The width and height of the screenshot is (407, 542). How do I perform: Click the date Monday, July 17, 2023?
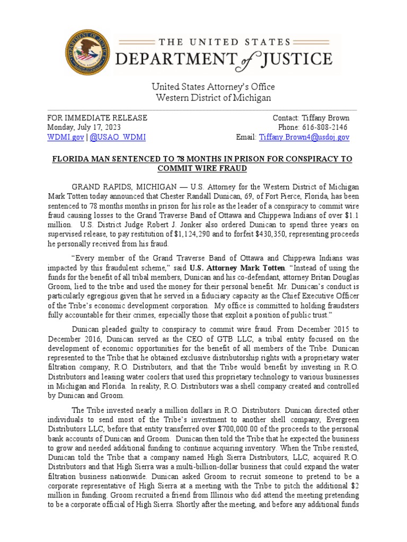pos(84,128)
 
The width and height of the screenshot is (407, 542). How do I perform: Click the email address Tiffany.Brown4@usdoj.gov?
pos(304,137)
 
